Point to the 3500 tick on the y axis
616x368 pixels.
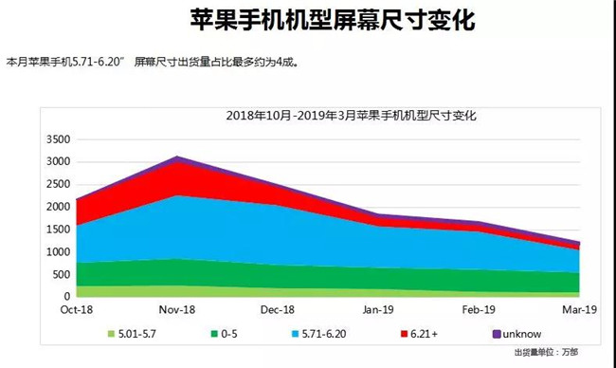[58, 139]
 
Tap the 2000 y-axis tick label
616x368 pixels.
[58, 207]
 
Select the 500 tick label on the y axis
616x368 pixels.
[62, 274]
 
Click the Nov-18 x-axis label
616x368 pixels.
[175, 309]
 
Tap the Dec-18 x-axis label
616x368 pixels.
[277, 309]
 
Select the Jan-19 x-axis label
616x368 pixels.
[378, 309]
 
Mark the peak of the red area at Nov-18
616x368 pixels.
[175, 163]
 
